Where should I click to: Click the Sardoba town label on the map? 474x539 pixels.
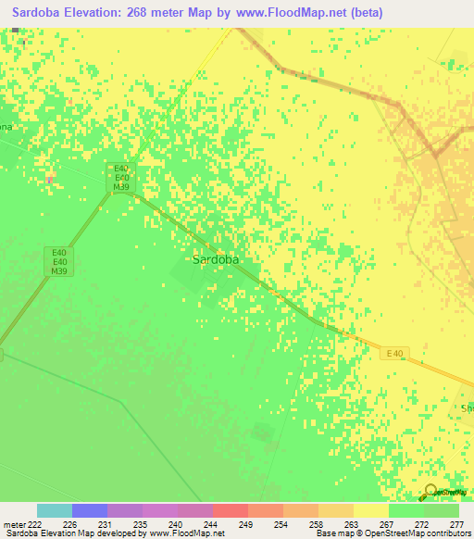point(215,260)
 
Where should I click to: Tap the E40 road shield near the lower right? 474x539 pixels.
point(395,352)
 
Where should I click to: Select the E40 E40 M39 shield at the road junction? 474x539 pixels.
point(120,177)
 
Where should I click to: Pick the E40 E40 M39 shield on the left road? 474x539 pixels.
point(60,262)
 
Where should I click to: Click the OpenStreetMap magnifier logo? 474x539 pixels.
point(430,494)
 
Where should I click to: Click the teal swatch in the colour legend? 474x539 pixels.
point(55,510)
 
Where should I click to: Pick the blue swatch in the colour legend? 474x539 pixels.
point(90,510)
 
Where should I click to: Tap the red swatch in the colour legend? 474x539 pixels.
point(230,510)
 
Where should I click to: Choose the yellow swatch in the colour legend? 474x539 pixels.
point(370,510)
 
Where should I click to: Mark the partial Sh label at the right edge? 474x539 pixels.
point(467,407)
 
